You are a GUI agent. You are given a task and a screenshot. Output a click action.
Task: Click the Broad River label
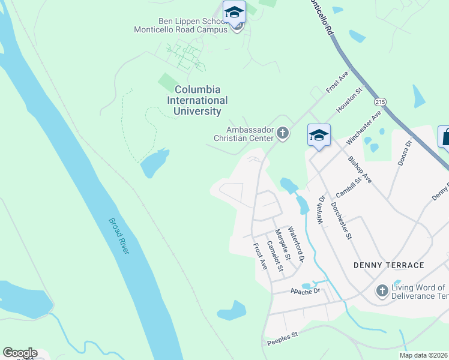119,236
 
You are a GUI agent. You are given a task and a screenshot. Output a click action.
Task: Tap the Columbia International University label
197,100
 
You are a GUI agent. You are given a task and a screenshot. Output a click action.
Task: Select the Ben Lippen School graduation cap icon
234,13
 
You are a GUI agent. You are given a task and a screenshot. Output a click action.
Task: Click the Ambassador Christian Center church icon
283,133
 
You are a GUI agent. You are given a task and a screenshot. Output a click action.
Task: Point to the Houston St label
351,100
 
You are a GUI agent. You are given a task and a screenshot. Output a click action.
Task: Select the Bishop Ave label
360,170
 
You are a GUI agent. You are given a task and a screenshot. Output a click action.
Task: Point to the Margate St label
282,244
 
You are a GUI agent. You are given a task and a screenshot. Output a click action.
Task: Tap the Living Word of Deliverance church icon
381,291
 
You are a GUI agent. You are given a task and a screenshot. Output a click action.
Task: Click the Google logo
20,353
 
